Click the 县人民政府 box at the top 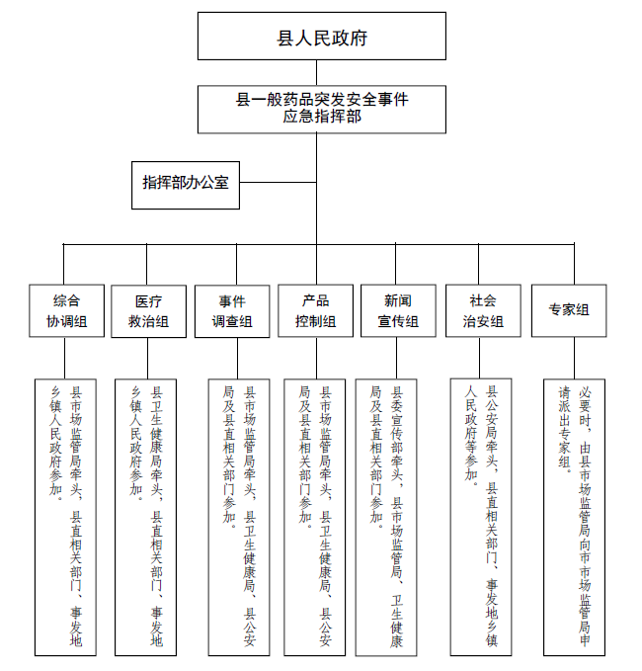(x=322, y=38)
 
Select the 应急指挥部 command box (x=322, y=108)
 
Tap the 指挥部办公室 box (x=185, y=182)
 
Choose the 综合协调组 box (x=64, y=310)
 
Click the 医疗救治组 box (x=147, y=310)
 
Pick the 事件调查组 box (x=232, y=310)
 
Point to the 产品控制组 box (x=315, y=310)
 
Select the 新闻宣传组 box (x=398, y=310)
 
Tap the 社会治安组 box (x=482, y=310)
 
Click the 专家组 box (x=569, y=310)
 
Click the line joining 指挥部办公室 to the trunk (x=278, y=182)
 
